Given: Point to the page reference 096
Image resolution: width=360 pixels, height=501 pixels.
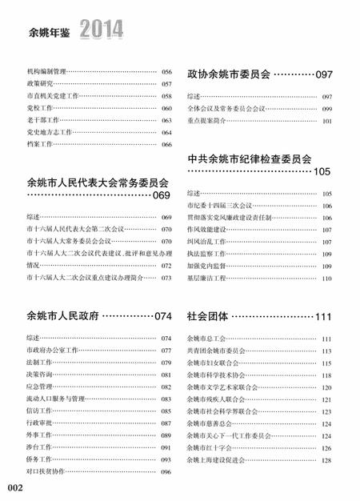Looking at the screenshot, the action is tap(166, 471).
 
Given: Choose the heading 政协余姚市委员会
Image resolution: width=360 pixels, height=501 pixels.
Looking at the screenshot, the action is tap(229, 73).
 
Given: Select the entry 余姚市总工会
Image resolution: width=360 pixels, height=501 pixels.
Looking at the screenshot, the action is tap(206, 339).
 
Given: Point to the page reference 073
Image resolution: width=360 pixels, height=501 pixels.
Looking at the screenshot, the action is tap(166, 278).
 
